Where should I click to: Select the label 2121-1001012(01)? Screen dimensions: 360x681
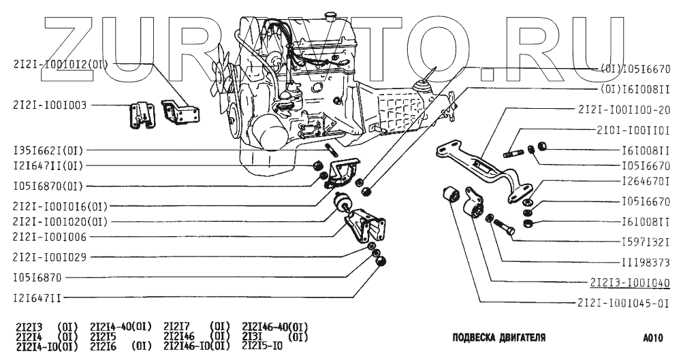pyautogui.click(x=60, y=65)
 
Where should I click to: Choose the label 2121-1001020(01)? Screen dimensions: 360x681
pyautogui.click(x=60, y=221)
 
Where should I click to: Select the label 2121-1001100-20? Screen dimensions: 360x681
pyautogui.click(x=624, y=110)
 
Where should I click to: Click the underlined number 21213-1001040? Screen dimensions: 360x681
pyautogui.click(x=624, y=282)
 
